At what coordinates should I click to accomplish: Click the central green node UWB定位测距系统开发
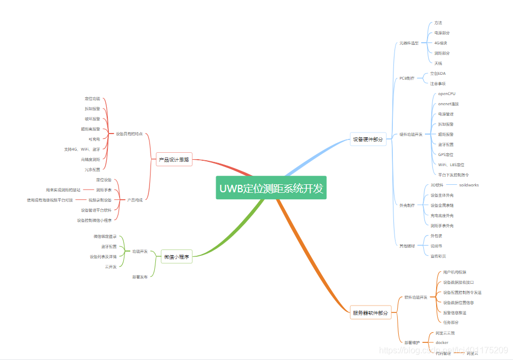coord(271,188)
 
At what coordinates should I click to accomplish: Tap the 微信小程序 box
coord(176,257)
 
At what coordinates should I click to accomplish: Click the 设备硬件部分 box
coord(368,139)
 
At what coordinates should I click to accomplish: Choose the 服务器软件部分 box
coord(370,313)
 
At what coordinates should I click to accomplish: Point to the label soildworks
coord(469,185)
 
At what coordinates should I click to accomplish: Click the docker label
coord(442,342)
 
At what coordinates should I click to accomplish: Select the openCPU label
coord(447,93)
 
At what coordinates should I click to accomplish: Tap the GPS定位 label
coord(446,154)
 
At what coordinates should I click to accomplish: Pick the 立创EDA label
coord(438,73)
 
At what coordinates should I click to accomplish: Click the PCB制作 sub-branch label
coord(407,78)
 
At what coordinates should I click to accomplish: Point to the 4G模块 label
coord(440,43)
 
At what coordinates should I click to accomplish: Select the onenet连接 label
coord(448,104)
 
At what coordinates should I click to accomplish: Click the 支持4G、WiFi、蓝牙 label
coord(82,149)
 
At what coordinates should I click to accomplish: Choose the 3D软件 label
coord(437,185)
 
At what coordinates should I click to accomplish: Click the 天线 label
coord(438,63)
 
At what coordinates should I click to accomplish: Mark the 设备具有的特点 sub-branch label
coord(129,134)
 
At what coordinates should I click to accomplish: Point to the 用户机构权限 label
coord(454,272)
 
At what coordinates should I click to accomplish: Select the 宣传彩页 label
coord(438,256)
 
